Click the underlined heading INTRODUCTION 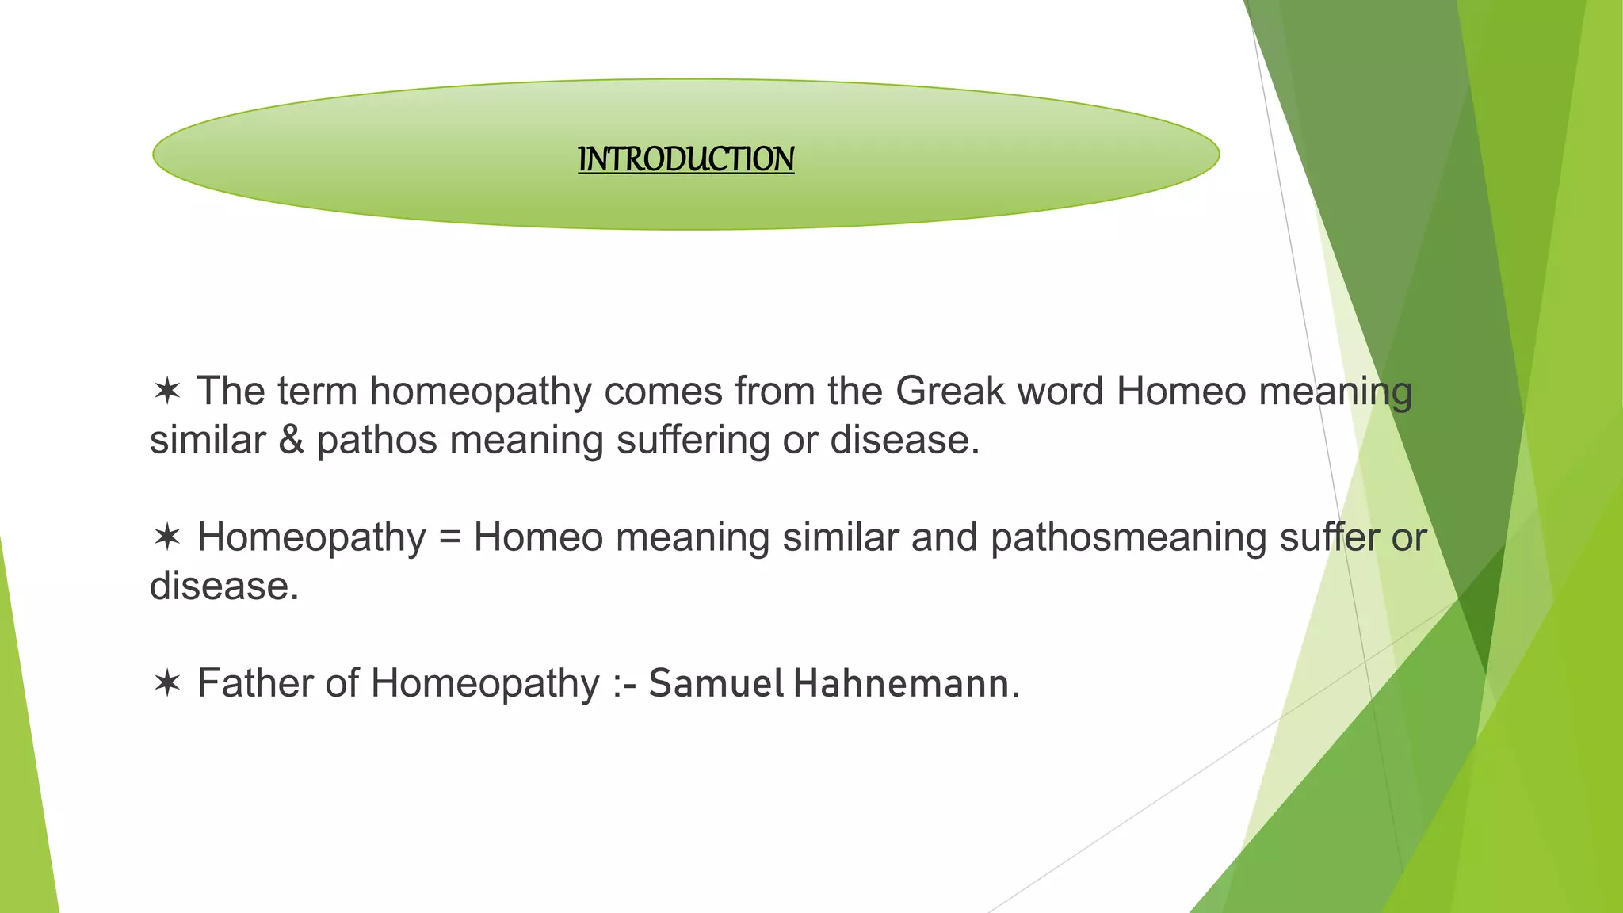[685, 159]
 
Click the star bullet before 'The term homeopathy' [167, 391]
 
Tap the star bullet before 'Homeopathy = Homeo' [167, 537]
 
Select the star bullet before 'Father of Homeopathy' [167, 683]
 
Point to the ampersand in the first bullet [291, 441]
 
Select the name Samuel [716, 684]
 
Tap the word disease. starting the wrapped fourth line [224, 586]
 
